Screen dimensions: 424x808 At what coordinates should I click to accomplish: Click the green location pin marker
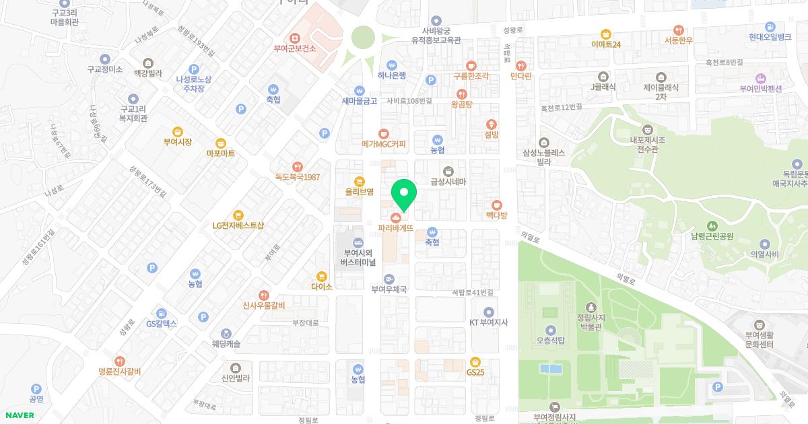tap(404, 195)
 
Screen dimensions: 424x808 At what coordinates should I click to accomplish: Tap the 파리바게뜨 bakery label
tap(395, 228)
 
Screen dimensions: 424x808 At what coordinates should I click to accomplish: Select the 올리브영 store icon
tap(360, 181)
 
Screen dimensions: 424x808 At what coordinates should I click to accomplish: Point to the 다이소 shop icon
tap(323, 275)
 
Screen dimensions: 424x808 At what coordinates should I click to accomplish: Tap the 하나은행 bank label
tap(391, 75)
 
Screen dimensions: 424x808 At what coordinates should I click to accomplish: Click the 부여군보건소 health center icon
tap(295, 38)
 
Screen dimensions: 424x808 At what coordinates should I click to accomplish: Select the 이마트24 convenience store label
tap(606, 44)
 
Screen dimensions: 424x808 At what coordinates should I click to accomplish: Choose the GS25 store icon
tap(475, 361)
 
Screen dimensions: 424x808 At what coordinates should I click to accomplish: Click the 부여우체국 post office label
tap(389, 289)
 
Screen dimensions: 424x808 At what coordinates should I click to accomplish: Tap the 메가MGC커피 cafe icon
tap(384, 133)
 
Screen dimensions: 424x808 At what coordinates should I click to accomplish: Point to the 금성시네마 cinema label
tap(448, 182)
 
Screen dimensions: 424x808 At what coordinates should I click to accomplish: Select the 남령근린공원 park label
tap(712, 236)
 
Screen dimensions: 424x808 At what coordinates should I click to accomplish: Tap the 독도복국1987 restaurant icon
tap(297, 167)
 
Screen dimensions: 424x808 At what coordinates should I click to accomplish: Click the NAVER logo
tap(20, 415)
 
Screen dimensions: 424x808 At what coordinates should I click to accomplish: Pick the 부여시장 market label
tap(178, 142)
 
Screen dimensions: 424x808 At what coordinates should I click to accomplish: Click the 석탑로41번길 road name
tap(473, 292)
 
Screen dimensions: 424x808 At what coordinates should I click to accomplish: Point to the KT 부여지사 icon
tap(489, 312)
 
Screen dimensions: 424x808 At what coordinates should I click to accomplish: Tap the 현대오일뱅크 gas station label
tap(770, 37)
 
